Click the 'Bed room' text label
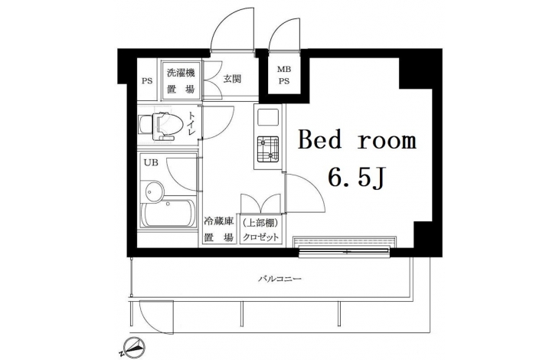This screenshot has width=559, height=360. [x=357, y=140]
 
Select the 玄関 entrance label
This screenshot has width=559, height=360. [x=232, y=79]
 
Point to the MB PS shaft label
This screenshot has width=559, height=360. [x=284, y=75]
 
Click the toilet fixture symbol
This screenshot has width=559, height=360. [x=161, y=126]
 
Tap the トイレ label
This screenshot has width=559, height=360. [x=191, y=123]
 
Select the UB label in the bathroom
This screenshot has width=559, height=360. [x=151, y=162]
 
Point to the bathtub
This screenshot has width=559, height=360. [x=168, y=213]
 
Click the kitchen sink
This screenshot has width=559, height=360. [x=268, y=117]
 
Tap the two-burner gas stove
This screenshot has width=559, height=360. [x=268, y=148]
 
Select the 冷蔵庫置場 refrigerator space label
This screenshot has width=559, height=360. [x=218, y=229]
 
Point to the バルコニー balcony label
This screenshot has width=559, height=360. [x=280, y=279]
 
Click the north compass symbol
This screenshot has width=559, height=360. [x=134, y=345]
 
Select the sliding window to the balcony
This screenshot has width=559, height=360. [x=344, y=251]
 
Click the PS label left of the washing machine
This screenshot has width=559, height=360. [x=147, y=81]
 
